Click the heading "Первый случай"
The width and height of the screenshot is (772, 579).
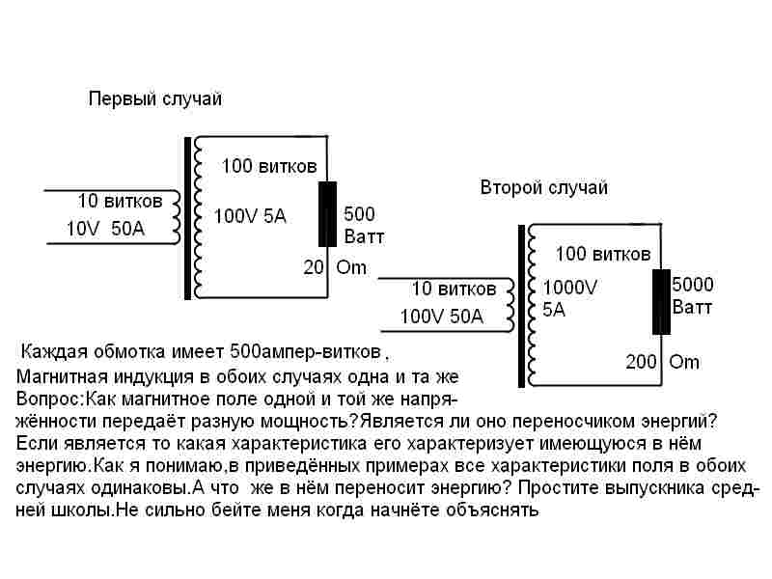coord(155,99)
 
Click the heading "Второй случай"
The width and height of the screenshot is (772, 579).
coord(544,187)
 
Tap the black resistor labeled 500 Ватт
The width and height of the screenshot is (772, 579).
coord(327,213)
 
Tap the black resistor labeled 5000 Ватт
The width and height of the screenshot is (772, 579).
coord(661,302)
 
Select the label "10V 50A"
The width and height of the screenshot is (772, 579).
coord(106,229)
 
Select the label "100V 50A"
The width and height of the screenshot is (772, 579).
coord(442,317)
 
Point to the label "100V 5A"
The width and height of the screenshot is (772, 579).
coord(250,216)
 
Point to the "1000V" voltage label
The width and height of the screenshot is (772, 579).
coord(569,287)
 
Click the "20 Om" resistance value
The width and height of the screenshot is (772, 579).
coord(335,267)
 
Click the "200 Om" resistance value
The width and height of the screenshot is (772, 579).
coord(662,362)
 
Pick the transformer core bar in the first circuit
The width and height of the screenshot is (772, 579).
coord(187,218)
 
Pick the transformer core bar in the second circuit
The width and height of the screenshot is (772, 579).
coord(521,306)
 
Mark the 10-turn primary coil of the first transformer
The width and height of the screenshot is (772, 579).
coord(176,217)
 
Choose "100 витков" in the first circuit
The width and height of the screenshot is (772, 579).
coord(269,166)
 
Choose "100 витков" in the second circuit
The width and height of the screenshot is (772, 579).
coord(603,254)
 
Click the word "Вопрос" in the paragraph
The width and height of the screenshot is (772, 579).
coord(47,399)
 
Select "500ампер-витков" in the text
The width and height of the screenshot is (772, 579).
coord(305,352)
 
